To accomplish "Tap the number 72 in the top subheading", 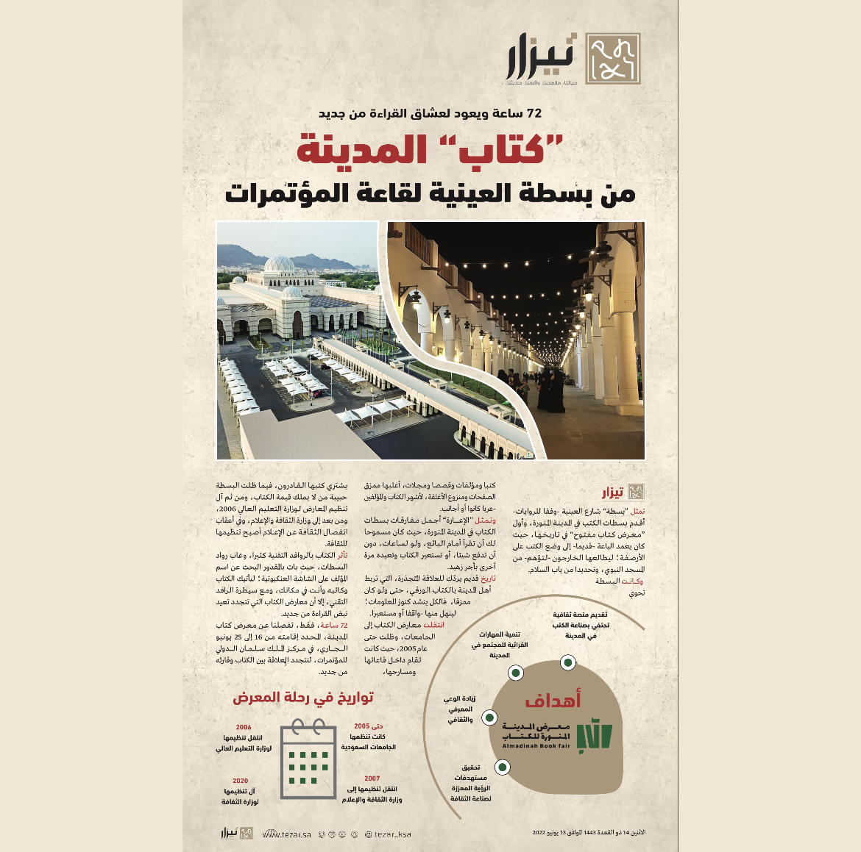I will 533,113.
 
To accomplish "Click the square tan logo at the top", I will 612,59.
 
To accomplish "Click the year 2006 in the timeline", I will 244,727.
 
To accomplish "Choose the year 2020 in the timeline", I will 240,781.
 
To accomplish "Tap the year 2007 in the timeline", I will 372,778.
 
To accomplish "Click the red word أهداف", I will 553,700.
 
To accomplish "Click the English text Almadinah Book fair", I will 536,746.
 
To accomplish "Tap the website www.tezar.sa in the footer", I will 287,834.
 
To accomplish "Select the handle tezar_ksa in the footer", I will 388,834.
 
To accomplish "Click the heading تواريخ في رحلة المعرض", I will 303,697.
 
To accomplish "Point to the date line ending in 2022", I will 588,833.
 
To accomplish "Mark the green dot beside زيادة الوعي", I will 489,717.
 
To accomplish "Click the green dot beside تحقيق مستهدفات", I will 503,767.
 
